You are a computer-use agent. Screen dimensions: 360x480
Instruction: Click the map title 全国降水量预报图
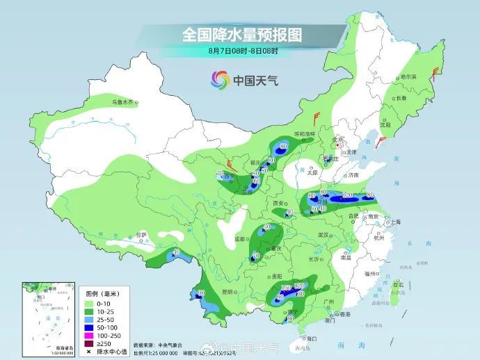[x=240, y=33]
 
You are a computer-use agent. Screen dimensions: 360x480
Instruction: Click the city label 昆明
[x=227, y=291]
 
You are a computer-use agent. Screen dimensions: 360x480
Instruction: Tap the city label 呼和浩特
[x=305, y=133]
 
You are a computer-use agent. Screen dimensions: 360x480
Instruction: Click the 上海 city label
[x=396, y=222]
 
